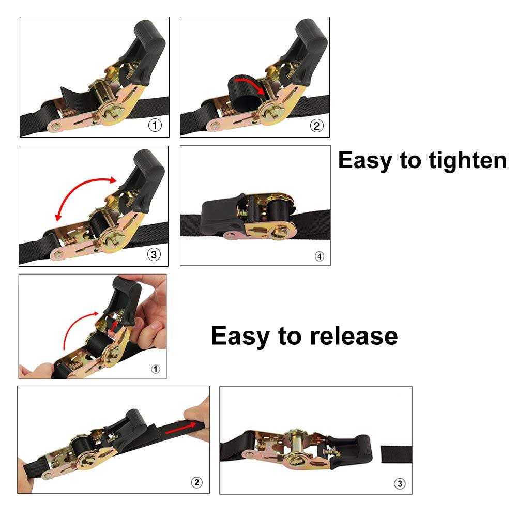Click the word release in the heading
click(354, 336)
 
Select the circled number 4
click(319, 256)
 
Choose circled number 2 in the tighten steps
click(316, 125)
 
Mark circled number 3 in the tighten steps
click(154, 254)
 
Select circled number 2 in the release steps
click(196, 482)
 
